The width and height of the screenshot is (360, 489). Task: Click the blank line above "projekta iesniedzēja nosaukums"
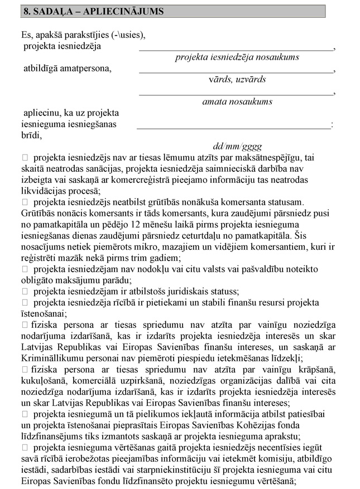[236, 49]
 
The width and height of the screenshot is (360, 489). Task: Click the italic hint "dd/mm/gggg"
[237, 147]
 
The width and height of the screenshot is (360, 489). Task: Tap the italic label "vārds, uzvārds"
[237, 79]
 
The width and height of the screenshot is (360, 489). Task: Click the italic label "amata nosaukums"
[237, 101]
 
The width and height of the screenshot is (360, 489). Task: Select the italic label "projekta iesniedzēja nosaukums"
[237, 57]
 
